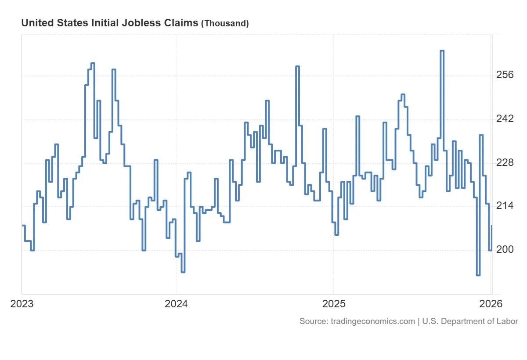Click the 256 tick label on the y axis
[x=505, y=75]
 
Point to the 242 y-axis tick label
[x=505, y=119]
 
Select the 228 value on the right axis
[x=505, y=163]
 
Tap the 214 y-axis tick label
[x=505, y=206]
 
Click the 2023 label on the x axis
[x=22, y=304]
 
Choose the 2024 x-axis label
[x=176, y=304]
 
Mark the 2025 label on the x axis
[x=333, y=304]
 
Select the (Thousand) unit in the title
[x=225, y=24]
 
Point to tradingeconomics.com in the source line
[x=371, y=321]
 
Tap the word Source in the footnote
[x=312, y=321]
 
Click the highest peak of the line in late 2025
[x=442, y=51]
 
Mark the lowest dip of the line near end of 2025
[x=478, y=275]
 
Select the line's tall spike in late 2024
[x=297, y=66]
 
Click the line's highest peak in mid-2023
[x=93, y=63]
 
